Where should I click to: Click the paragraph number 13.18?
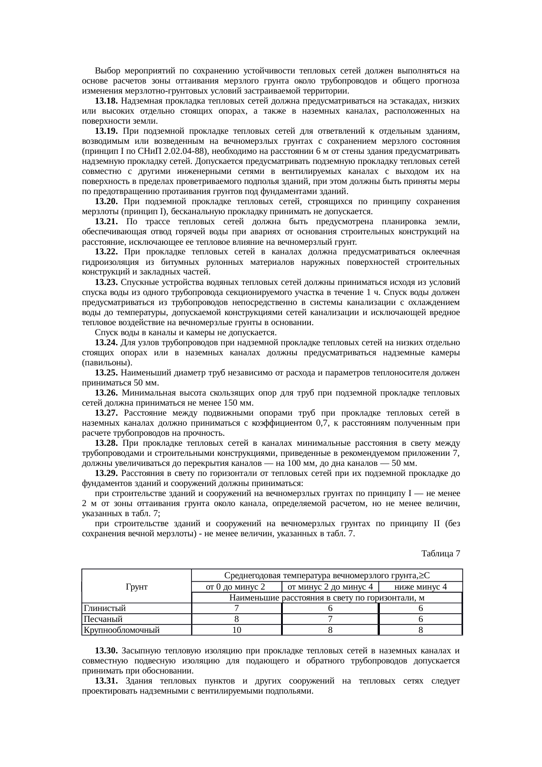105,101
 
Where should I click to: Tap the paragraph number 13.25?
106,373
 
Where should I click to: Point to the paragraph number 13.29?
106,474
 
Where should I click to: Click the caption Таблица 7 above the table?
441,554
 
